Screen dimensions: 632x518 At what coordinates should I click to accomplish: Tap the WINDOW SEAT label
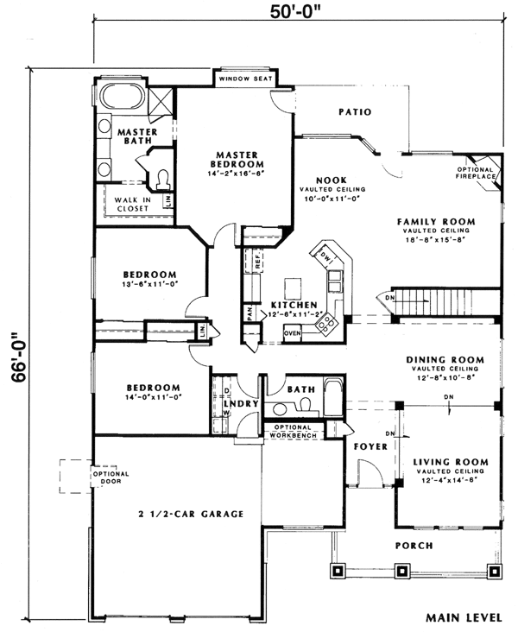[x=245, y=79]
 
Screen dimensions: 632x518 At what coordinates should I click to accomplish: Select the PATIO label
[x=354, y=111]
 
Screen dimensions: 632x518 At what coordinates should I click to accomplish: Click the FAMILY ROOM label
[x=433, y=222]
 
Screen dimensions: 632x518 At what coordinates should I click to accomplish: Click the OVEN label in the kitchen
[x=292, y=332]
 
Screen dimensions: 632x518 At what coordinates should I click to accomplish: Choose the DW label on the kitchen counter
[x=325, y=256]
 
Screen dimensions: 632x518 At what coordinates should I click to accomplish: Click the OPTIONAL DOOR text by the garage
[x=111, y=477]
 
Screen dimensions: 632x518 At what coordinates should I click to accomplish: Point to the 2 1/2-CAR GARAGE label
[x=189, y=514]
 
